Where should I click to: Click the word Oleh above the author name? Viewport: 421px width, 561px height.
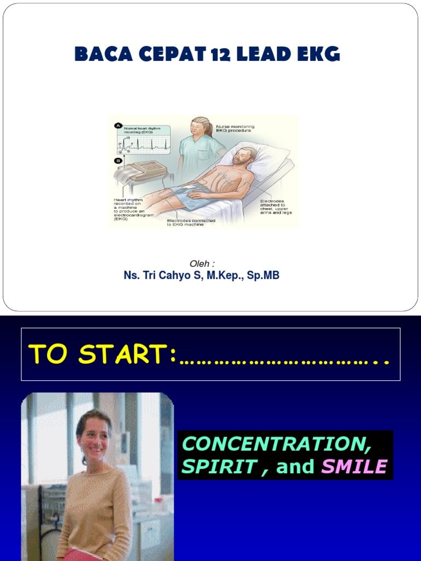(198, 264)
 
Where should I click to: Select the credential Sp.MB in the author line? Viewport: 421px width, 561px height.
(263, 276)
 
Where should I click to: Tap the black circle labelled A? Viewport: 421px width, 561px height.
(118, 126)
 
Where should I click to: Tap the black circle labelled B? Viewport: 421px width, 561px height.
(118, 161)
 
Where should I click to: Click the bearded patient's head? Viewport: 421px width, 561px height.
(243, 156)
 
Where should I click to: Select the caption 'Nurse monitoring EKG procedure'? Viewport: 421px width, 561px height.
(235, 129)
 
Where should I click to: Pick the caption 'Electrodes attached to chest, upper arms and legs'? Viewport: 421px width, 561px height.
(276, 207)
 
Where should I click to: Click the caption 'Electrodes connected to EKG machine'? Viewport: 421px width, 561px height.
(191, 222)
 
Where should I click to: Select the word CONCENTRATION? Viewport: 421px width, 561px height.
(277, 444)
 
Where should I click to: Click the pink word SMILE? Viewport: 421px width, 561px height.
(354, 467)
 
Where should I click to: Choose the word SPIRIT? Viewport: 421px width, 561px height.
(219, 467)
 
